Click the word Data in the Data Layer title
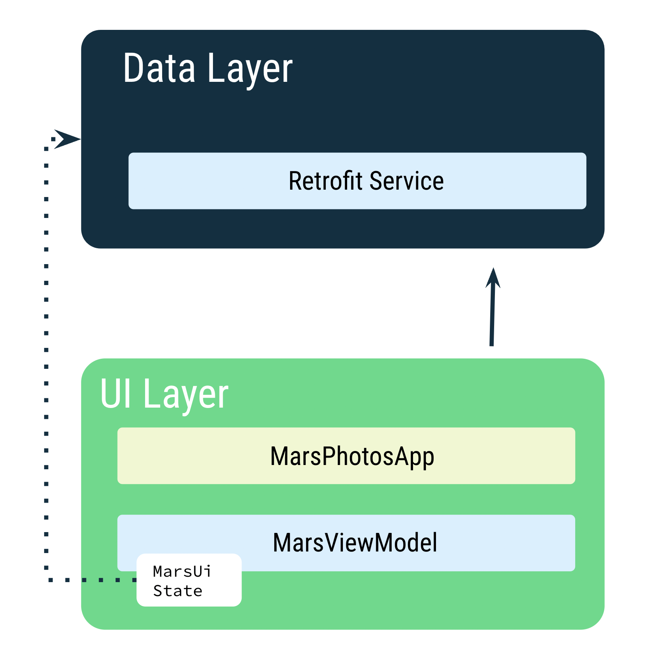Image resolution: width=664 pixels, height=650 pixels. [159, 69]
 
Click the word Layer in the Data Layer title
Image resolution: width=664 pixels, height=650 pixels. [250, 70]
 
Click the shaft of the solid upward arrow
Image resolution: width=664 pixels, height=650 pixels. [492, 318]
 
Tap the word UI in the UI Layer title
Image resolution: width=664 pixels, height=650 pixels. [116, 394]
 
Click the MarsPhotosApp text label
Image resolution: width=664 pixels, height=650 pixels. [352, 456]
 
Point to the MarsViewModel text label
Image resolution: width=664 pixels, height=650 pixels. [355, 543]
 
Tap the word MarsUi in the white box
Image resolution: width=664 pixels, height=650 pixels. [182, 571]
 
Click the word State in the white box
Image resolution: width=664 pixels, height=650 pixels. [178, 591]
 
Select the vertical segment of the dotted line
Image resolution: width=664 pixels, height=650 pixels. [46, 349]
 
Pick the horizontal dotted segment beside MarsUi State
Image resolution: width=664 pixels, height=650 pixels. [93, 580]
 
